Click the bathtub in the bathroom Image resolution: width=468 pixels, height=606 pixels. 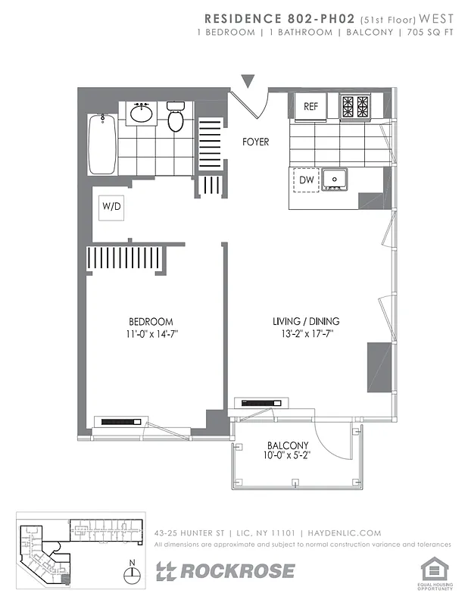pyautogui.click(x=101, y=144)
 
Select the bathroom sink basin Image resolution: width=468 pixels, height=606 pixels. pyautogui.click(x=141, y=114)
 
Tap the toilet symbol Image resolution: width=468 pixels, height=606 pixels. pyautogui.click(x=176, y=118)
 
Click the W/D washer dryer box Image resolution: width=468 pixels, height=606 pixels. pyautogui.click(x=111, y=205)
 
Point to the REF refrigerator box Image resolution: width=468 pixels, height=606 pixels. pyautogui.click(x=311, y=107)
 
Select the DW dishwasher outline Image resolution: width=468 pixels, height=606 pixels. pyautogui.click(x=306, y=180)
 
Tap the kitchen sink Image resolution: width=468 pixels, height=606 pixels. pyautogui.click(x=334, y=179)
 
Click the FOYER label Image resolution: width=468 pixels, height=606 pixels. pyautogui.click(x=255, y=142)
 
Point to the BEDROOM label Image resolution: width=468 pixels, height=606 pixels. pyautogui.click(x=150, y=321)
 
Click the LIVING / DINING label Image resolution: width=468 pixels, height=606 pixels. pyautogui.click(x=306, y=321)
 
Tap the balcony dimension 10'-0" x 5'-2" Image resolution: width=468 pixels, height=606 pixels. pyautogui.click(x=288, y=456)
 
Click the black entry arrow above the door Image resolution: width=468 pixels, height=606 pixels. pyautogui.click(x=247, y=81)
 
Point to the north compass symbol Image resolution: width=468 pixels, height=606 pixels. pyautogui.click(x=133, y=573)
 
